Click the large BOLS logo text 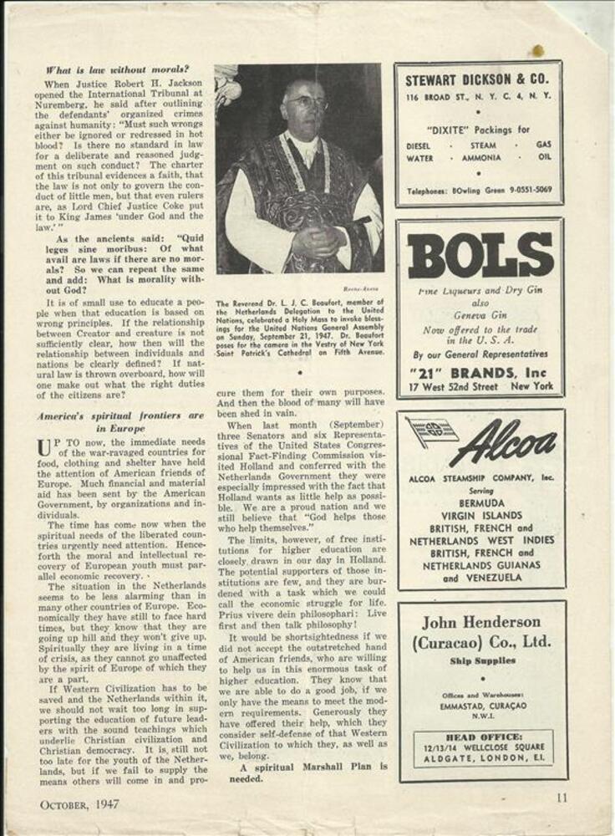coord(480,257)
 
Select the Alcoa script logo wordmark coord(502,444)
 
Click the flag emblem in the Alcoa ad coord(431,432)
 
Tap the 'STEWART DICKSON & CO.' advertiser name coord(477,81)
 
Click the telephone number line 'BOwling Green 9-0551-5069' coord(479,191)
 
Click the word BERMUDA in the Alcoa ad coord(481,505)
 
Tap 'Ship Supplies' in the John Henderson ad coord(480,661)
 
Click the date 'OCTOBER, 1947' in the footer coord(79,804)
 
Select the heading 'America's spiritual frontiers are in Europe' coord(120,422)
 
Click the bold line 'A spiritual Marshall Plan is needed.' coord(302,772)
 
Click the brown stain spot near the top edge coord(537,51)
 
